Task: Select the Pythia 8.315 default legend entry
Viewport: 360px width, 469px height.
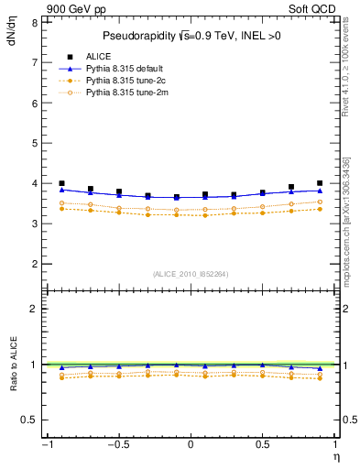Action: [x=124, y=69]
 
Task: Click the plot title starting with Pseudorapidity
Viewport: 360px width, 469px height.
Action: [x=190, y=36]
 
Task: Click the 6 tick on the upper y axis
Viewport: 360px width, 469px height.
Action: [x=33, y=104]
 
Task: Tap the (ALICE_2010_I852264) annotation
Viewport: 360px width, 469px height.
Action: [x=190, y=274]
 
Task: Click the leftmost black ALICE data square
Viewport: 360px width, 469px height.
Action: [x=61, y=184]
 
